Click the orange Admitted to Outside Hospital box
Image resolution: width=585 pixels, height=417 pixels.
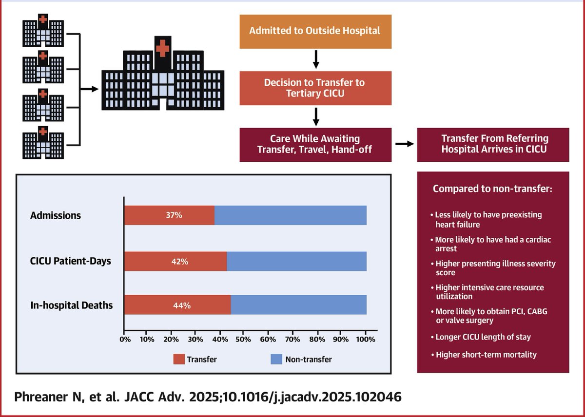(315, 31)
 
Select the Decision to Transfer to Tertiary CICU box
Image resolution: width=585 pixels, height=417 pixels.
(315, 88)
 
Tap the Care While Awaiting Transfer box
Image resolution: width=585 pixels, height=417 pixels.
(315, 144)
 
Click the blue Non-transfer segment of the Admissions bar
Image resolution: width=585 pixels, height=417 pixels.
(290, 215)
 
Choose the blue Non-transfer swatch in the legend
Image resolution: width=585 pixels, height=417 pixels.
(276, 360)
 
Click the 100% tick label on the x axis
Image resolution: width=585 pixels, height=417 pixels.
(366, 339)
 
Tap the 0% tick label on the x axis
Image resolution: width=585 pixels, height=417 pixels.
(125, 339)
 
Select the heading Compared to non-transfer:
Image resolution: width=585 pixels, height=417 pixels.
(492, 189)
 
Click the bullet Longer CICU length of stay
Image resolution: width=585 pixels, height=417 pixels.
(483, 337)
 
